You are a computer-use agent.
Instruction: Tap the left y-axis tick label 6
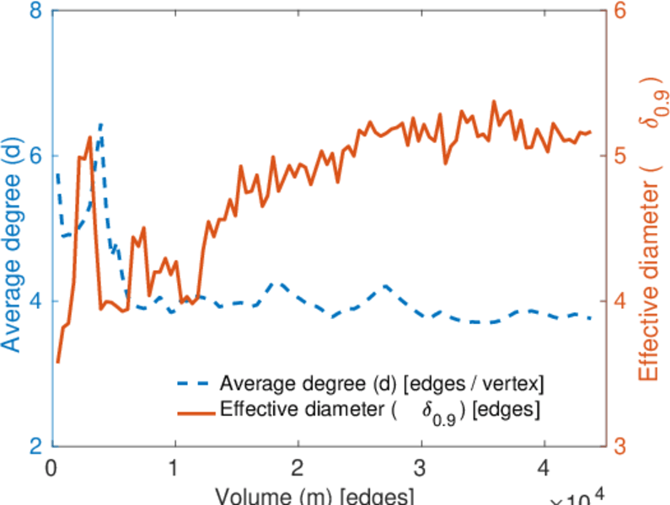coord(37,157)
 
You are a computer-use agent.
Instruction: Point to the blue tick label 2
coord(37,446)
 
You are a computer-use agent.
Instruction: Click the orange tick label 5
coord(622,157)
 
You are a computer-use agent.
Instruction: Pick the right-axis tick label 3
coord(622,446)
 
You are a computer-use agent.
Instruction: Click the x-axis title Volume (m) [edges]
coord(314,495)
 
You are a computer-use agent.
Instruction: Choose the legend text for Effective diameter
coord(379,411)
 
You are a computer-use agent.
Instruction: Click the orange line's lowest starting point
coord(57,362)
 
